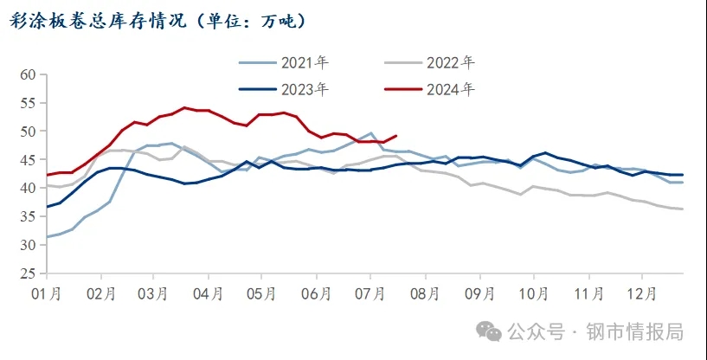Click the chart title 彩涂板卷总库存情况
(95, 20)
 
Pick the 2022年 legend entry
(450, 62)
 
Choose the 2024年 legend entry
(450, 88)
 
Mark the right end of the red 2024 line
(395, 136)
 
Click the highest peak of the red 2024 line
(184, 108)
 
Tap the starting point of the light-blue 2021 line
(47, 237)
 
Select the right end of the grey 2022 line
(683, 209)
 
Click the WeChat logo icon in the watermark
(491, 331)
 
